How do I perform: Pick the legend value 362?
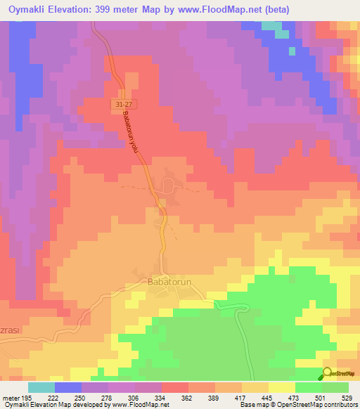(x=188, y=397)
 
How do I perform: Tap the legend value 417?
(x=242, y=397)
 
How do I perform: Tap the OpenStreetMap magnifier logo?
(x=327, y=374)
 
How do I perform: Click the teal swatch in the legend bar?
(x=41, y=387)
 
